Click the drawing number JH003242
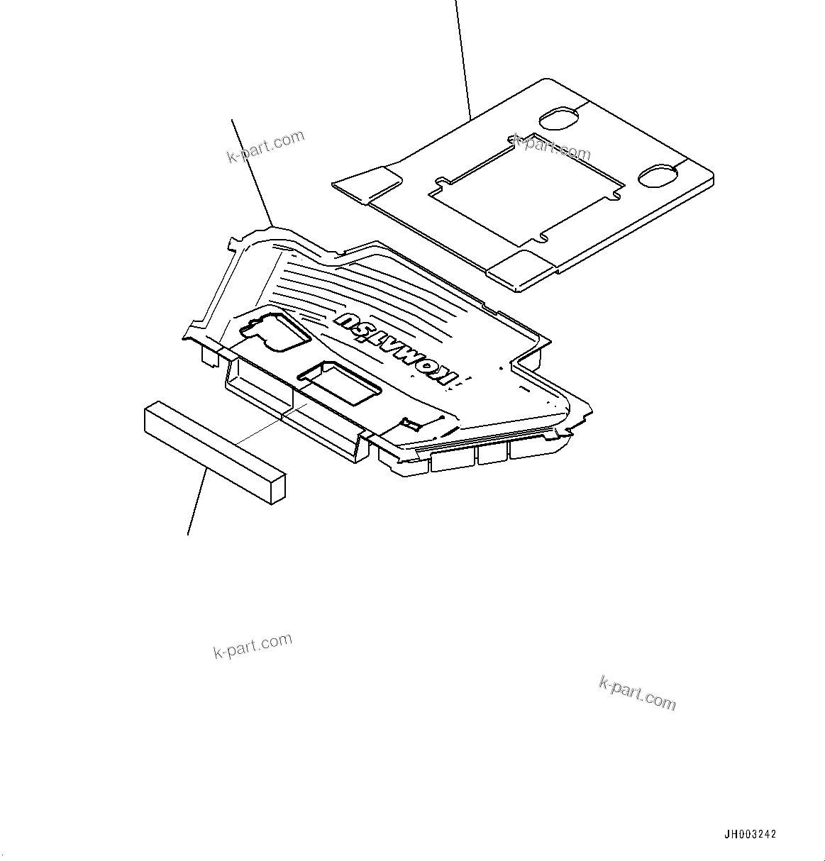coord(751,835)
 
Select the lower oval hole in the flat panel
coord(660,176)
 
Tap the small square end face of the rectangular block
coord(277,489)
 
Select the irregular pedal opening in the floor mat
coord(273,330)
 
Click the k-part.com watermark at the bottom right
coord(637,692)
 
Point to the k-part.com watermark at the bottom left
coord(253,645)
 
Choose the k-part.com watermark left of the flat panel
coord(265,146)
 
